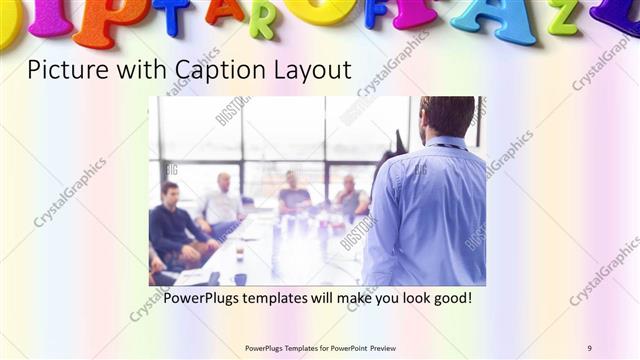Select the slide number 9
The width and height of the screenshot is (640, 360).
pos(590,347)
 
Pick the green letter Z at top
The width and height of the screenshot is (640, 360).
pos(562,17)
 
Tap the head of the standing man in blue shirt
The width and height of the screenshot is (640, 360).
pos(447,118)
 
